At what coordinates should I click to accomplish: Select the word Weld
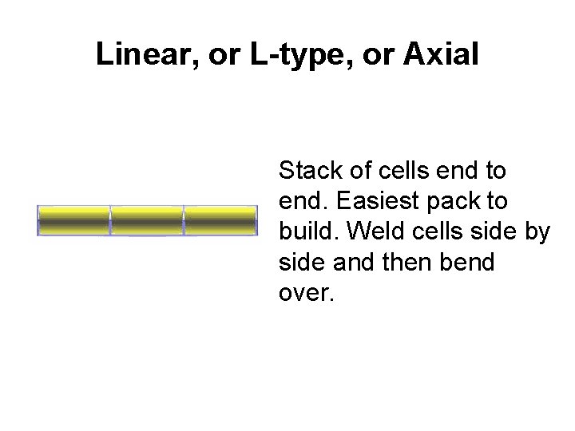pos(373,231)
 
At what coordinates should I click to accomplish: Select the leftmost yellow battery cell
pos(73,220)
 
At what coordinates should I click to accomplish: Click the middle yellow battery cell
pos(147,220)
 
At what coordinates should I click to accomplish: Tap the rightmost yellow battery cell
pos(220,220)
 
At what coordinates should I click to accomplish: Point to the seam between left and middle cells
pos(110,220)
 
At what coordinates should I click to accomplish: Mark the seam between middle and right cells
pos(184,220)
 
